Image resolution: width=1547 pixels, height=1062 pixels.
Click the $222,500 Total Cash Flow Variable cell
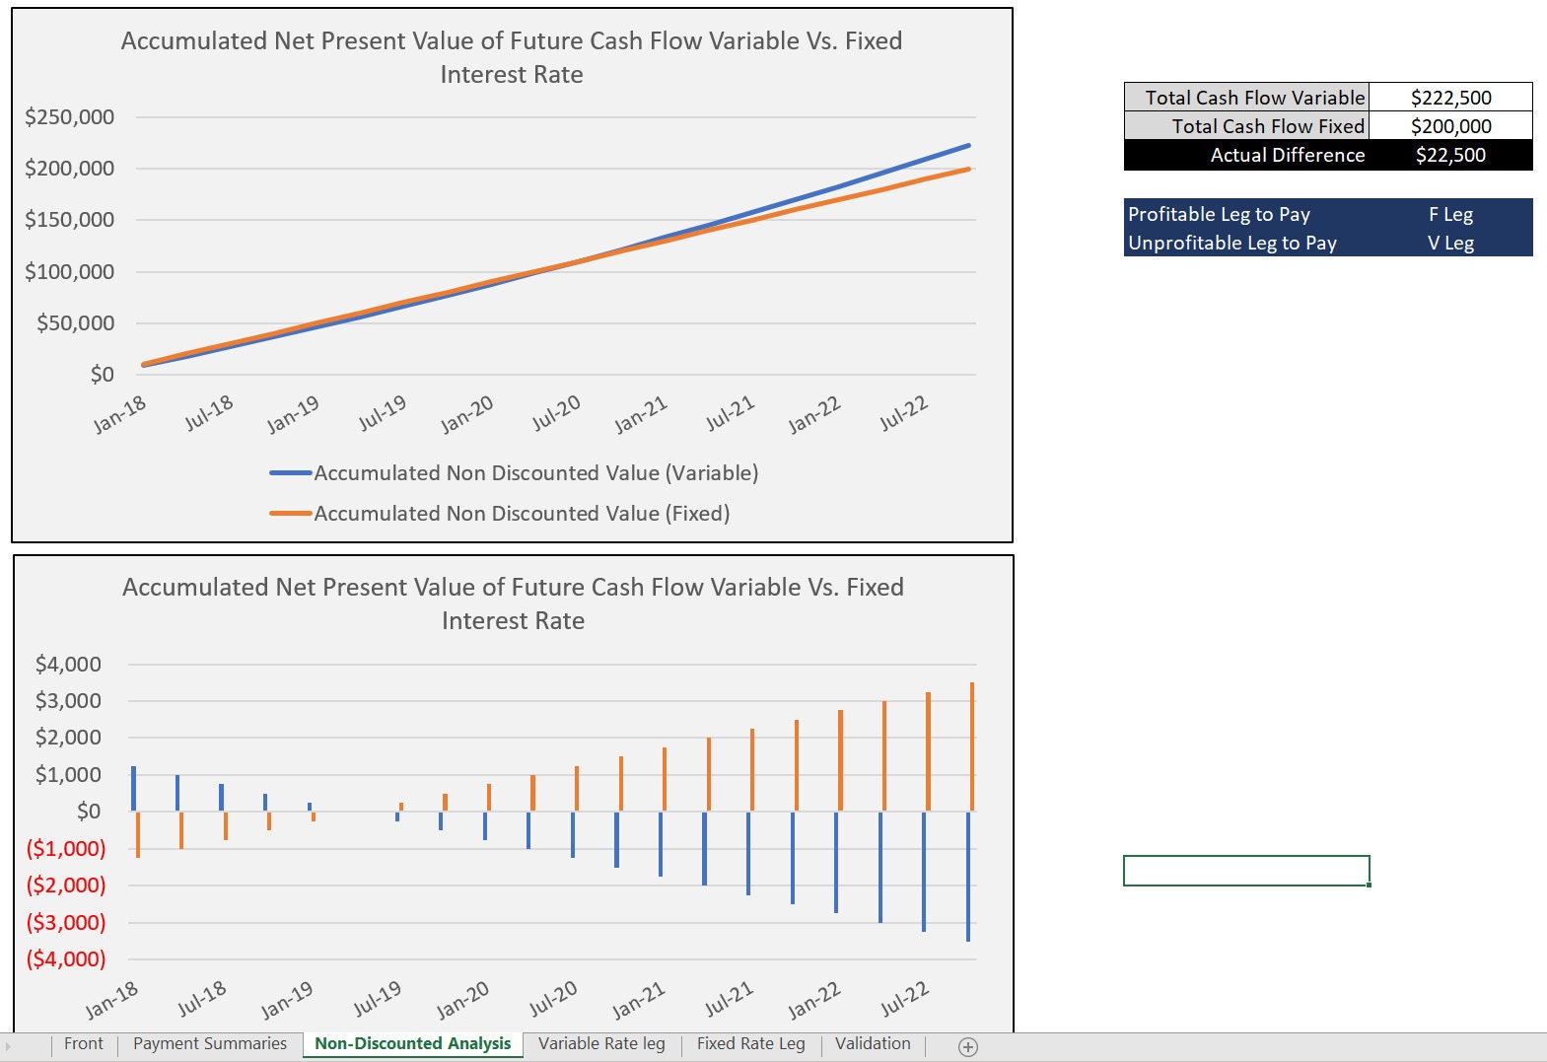point(1450,98)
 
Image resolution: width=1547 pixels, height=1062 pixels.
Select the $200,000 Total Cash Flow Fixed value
point(1450,126)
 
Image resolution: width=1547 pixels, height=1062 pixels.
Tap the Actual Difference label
point(1287,155)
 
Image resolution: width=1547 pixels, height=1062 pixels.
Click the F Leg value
point(1450,214)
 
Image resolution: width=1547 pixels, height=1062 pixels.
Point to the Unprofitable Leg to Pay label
point(1231,243)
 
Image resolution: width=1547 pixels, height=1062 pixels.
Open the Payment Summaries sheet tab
point(210,1043)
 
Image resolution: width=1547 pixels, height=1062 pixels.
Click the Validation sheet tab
point(873,1043)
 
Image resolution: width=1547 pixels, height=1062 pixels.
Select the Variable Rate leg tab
point(601,1043)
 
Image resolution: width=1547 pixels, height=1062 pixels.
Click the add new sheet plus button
point(968,1047)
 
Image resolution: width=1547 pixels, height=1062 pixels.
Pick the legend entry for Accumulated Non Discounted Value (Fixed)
point(521,514)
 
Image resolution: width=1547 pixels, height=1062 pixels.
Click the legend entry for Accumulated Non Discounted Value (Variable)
point(535,473)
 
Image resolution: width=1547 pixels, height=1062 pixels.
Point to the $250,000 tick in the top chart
point(70,117)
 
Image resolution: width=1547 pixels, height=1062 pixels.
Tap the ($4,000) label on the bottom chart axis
point(66,958)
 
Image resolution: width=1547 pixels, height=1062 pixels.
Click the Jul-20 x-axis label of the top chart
point(556,412)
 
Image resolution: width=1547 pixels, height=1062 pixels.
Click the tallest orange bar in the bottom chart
point(972,746)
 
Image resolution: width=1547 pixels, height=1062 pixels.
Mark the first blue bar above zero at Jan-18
point(134,788)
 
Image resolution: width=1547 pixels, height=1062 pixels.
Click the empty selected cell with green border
point(1246,871)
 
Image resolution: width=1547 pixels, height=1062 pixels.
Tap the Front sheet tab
point(83,1043)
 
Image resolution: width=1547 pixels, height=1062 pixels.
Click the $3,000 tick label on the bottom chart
point(68,701)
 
